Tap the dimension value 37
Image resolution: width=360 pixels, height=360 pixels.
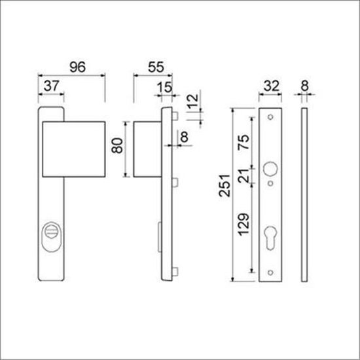pyautogui.click(x=54, y=86)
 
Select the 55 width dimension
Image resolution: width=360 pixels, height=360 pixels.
pyautogui.click(x=155, y=67)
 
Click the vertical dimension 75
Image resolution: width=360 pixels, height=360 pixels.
pyautogui.click(x=243, y=144)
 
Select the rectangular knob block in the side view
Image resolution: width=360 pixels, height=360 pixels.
pyautogui.click(x=147, y=149)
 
